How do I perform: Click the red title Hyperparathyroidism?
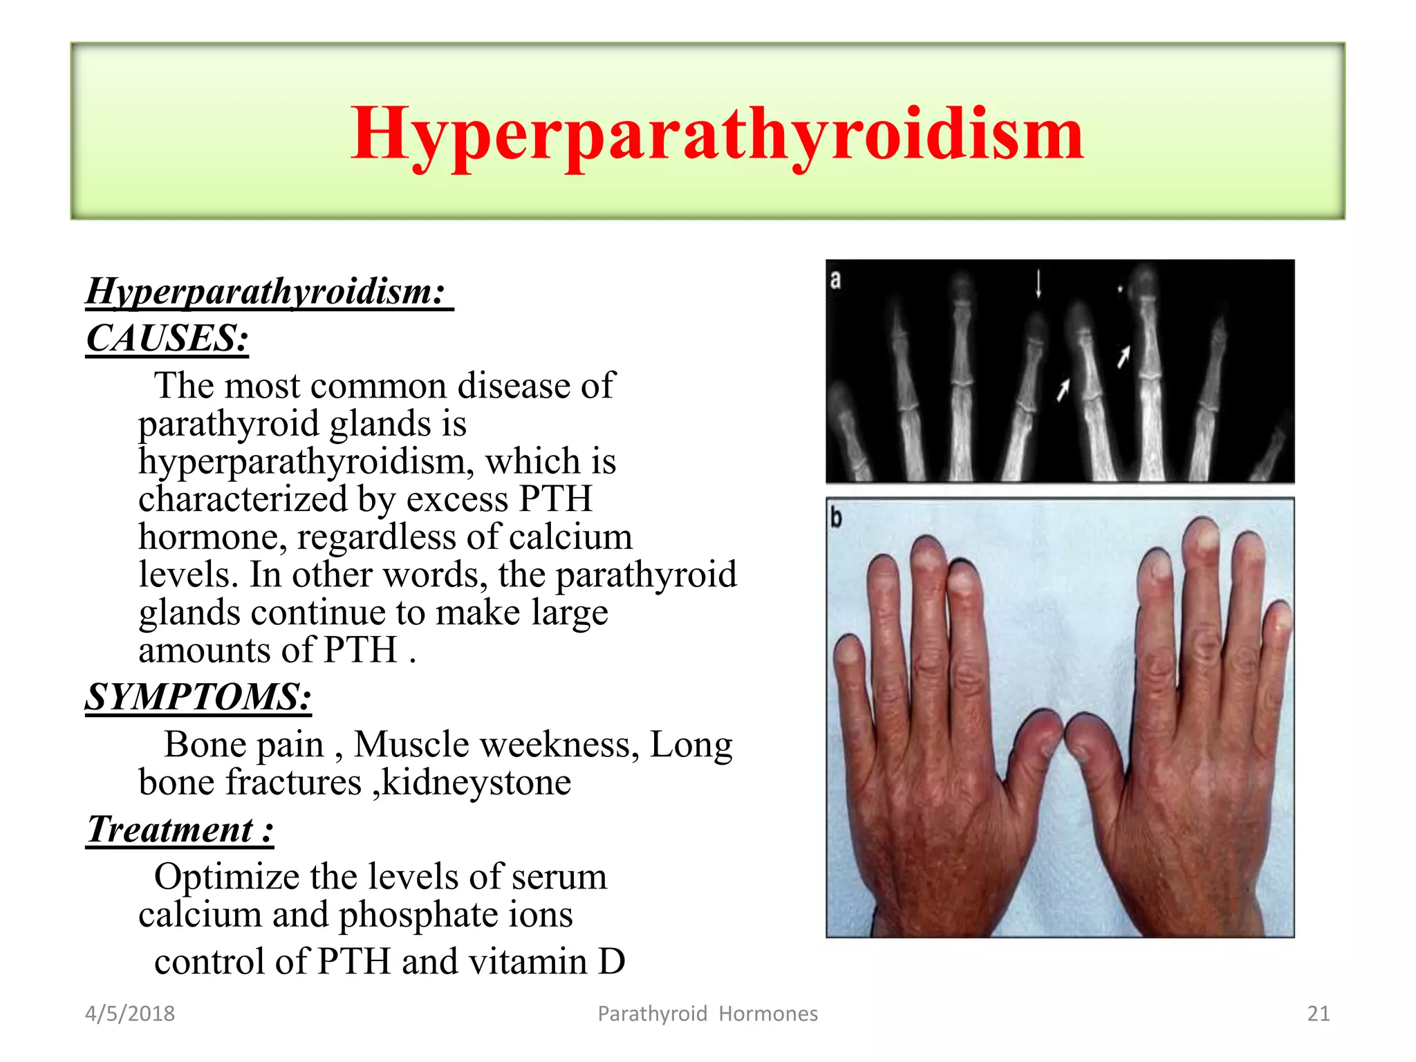click(x=716, y=133)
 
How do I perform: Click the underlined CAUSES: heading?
click(x=167, y=339)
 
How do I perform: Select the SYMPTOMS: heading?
click(x=198, y=697)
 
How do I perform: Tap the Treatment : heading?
click(x=179, y=829)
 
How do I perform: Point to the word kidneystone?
click(x=476, y=783)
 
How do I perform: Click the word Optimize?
click(x=226, y=877)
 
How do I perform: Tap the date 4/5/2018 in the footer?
click(x=129, y=1014)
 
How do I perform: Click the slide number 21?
click(x=1318, y=1014)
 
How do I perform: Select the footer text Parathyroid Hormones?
click(x=707, y=1014)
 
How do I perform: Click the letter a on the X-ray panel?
click(x=835, y=279)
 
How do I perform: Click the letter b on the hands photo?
click(x=836, y=516)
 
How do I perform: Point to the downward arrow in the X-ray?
click(x=1038, y=284)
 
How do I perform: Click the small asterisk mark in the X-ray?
click(x=1119, y=289)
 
